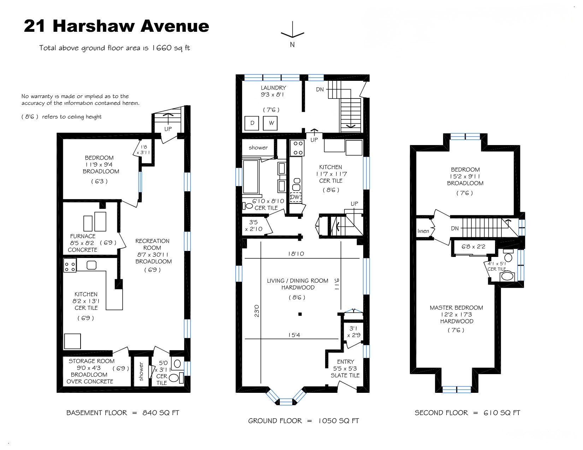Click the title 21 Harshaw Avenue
[117, 26]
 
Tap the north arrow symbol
[293, 32]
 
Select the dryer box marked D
[252, 123]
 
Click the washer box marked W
[270, 123]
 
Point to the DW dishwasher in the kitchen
[295, 197]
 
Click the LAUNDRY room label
[273, 88]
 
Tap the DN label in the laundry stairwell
[320, 90]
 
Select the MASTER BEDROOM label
[457, 308]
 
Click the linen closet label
[423, 231]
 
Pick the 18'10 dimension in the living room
[296, 253]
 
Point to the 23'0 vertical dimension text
[257, 311]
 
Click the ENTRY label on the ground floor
[346, 361]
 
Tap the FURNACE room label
[83, 236]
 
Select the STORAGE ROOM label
[92, 361]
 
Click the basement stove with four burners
[70, 266]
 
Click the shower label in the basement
[141, 372]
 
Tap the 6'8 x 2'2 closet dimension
[473, 247]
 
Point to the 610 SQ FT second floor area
[502, 413]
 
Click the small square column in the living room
[300, 314]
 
